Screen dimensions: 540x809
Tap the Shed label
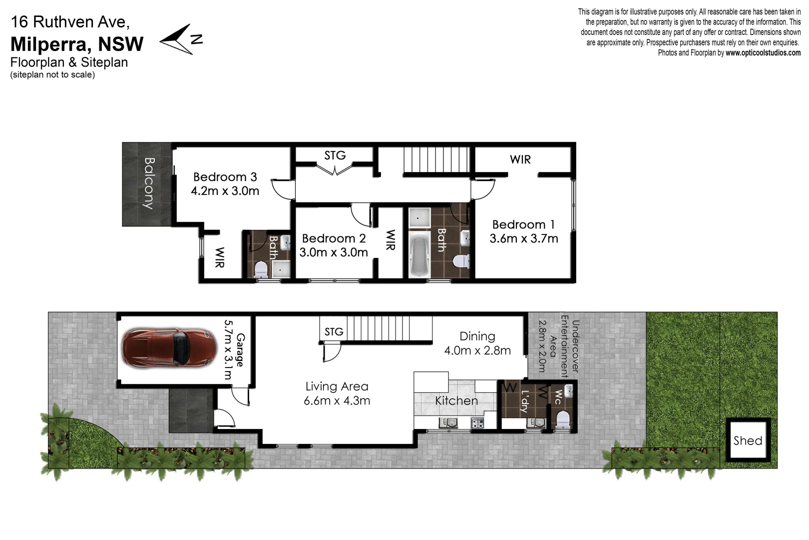(748, 440)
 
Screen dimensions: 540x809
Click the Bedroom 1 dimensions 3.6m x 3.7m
(523, 238)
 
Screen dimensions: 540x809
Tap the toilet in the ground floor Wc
(563, 419)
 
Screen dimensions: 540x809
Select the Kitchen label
(456, 400)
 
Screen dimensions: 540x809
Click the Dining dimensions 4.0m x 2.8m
(477, 350)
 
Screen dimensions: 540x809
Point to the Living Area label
(337, 386)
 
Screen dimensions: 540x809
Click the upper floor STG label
(335, 155)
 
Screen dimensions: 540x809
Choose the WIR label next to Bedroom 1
(520, 159)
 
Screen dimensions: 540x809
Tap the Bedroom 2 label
(334, 238)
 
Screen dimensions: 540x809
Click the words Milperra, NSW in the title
(77, 44)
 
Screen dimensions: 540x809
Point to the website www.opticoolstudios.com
(763, 53)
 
